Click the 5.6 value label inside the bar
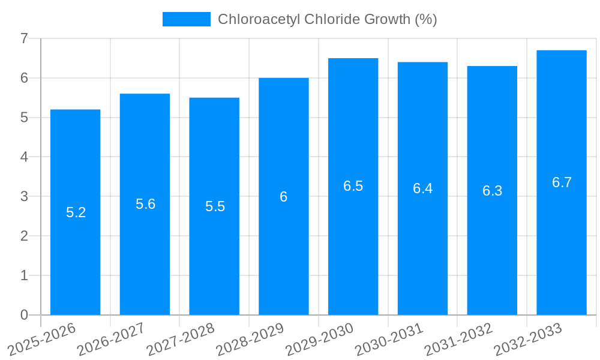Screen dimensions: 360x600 coord(145,204)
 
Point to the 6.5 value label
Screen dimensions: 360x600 coord(353,186)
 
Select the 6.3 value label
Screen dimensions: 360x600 coord(492,191)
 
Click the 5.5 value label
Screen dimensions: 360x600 coord(215,206)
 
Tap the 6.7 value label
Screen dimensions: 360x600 coord(562,182)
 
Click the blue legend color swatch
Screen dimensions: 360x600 coord(186,19)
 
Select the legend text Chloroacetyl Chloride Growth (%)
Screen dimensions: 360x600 coord(327,19)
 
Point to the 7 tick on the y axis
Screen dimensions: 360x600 coord(24,38)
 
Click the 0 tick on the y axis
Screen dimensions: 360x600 coord(24,315)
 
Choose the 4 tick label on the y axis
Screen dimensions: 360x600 coord(24,157)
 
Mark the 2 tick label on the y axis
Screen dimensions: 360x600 coord(24,236)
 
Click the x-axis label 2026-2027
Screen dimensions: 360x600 coord(112,340)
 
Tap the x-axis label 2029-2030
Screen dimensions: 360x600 coord(320,340)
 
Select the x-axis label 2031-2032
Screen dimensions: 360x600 coord(459,340)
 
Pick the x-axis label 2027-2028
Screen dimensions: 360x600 coord(181,340)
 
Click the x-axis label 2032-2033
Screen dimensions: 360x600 coord(529,340)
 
